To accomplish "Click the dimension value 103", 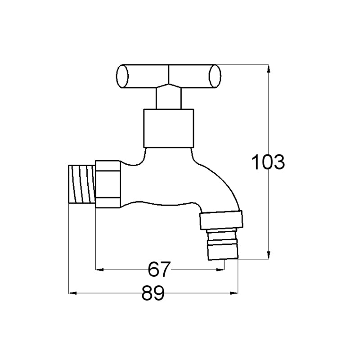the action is point(268,162).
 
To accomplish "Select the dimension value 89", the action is point(153,293).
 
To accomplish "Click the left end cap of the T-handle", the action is point(122,76).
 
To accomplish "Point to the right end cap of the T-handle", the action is point(215,76).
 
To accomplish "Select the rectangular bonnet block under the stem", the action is point(168,128).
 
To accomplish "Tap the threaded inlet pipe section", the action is point(82,184).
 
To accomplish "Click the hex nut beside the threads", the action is point(108,184).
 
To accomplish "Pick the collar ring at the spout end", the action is point(221,220).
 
